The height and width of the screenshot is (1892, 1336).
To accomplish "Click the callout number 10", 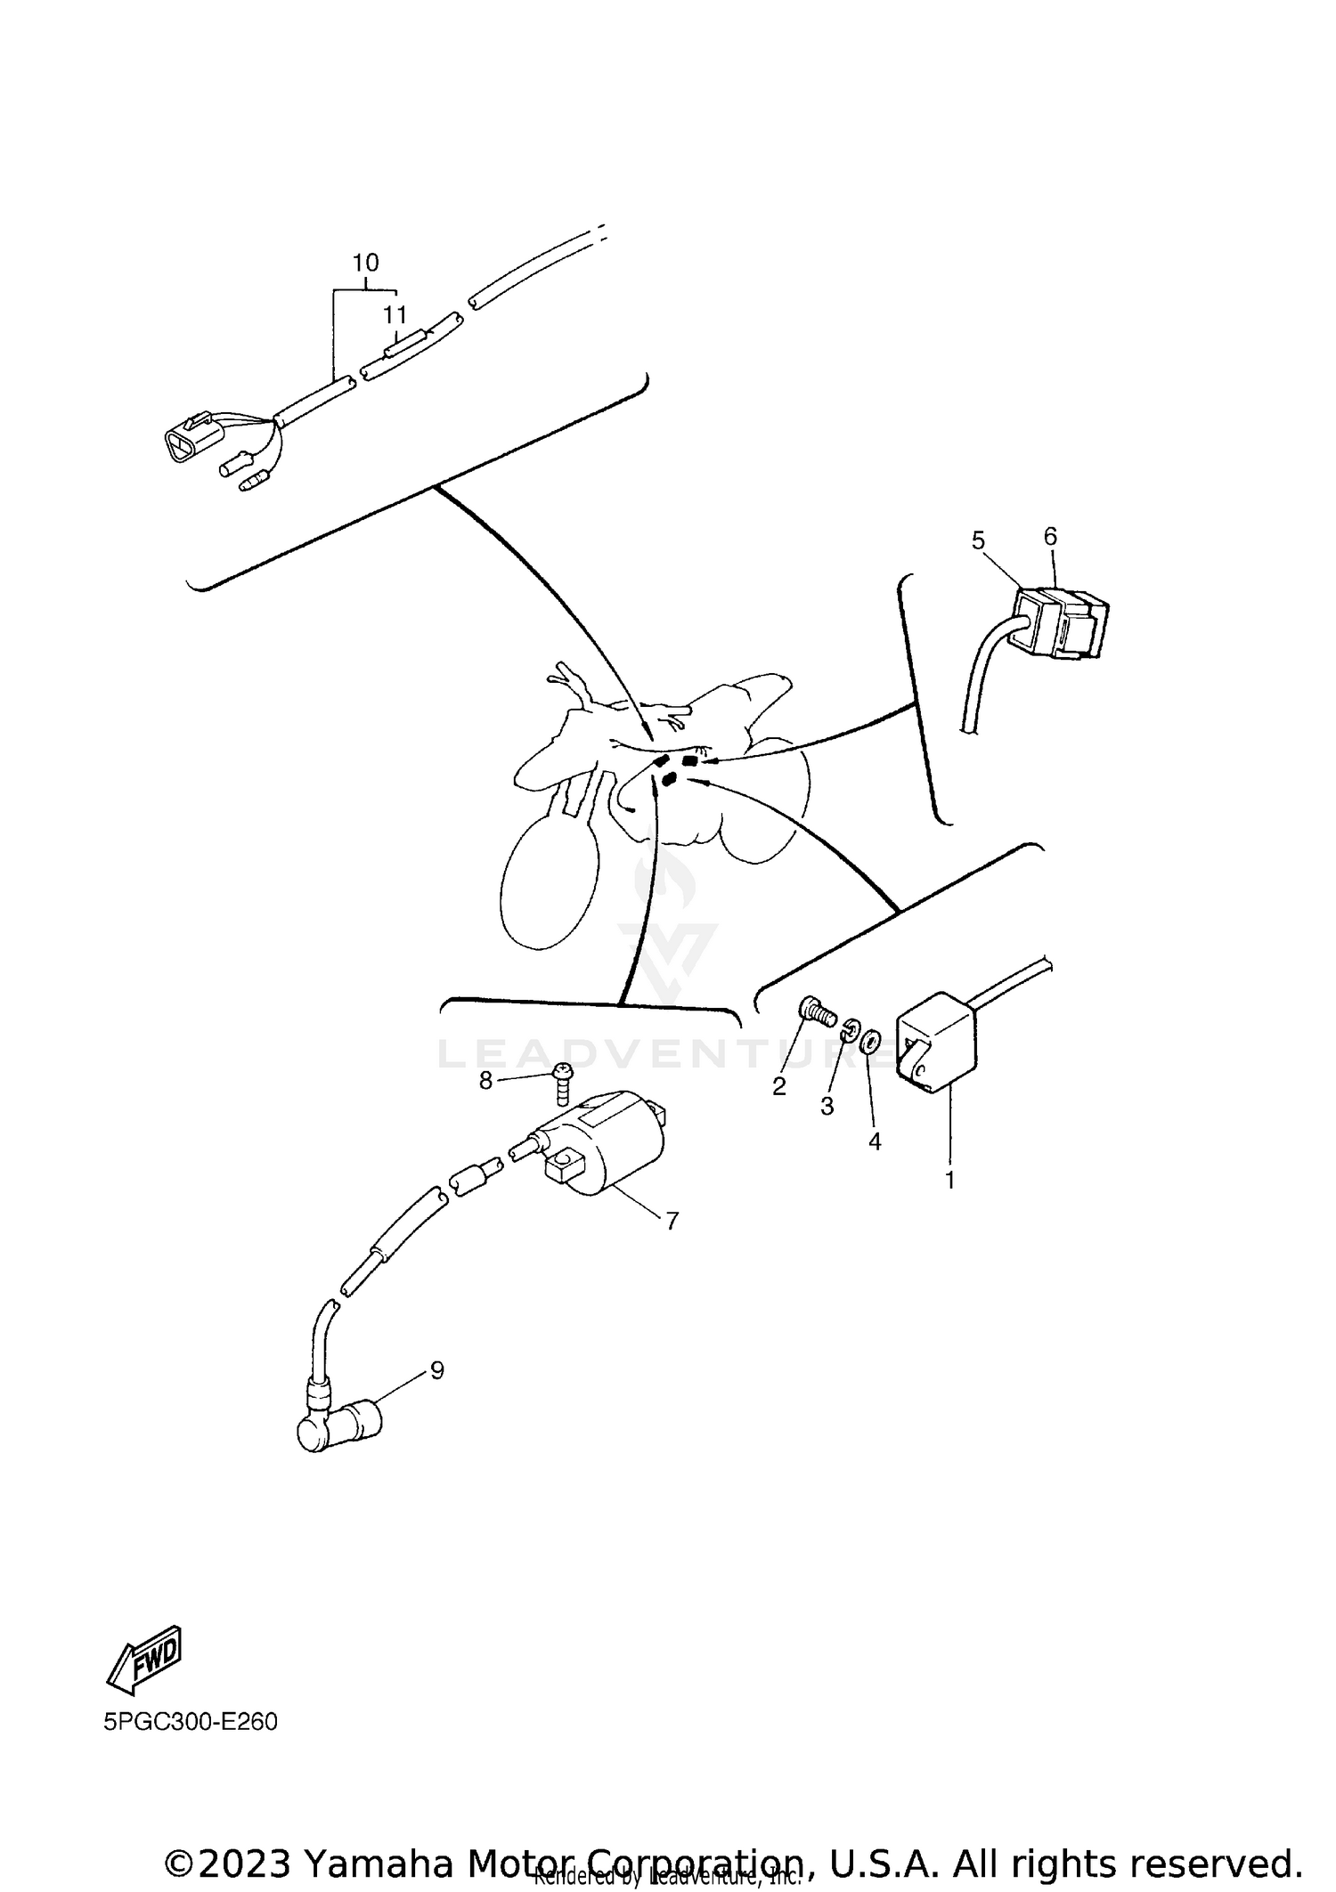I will pyautogui.click(x=365, y=263).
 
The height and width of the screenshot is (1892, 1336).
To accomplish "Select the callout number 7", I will pyautogui.click(x=672, y=1221).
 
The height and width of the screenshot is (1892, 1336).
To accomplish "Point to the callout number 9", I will pyautogui.click(x=436, y=1370).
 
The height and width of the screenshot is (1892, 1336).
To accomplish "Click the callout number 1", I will pyautogui.click(x=949, y=1181).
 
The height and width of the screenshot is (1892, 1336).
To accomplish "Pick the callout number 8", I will pyautogui.click(x=485, y=1080).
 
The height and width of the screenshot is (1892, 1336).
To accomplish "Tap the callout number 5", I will pyautogui.click(x=978, y=540).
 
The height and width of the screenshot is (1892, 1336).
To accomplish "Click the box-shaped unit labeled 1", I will pyautogui.click(x=938, y=1042).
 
